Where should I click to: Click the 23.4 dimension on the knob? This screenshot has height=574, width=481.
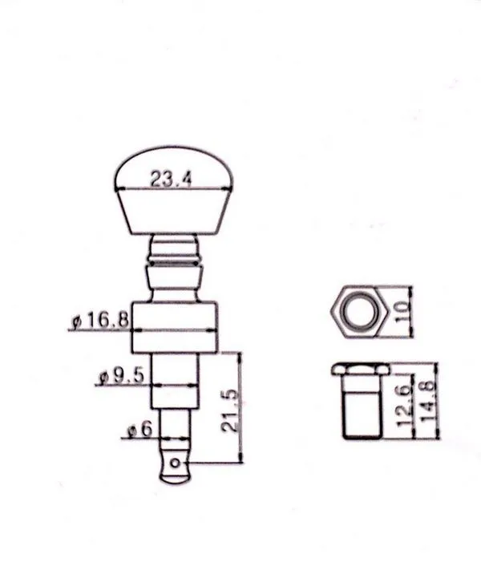coord(171,179)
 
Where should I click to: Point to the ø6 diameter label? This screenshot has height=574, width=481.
coord(139,429)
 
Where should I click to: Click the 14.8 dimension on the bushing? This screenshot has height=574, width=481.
coord(426,401)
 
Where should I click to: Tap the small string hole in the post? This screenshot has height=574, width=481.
coord(176,463)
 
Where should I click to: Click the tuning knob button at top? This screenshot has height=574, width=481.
coord(174,191)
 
